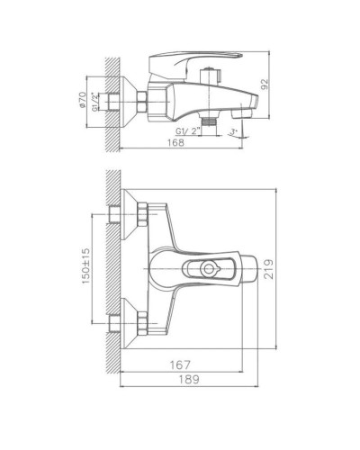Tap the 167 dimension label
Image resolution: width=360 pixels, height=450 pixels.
(x=183, y=365)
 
